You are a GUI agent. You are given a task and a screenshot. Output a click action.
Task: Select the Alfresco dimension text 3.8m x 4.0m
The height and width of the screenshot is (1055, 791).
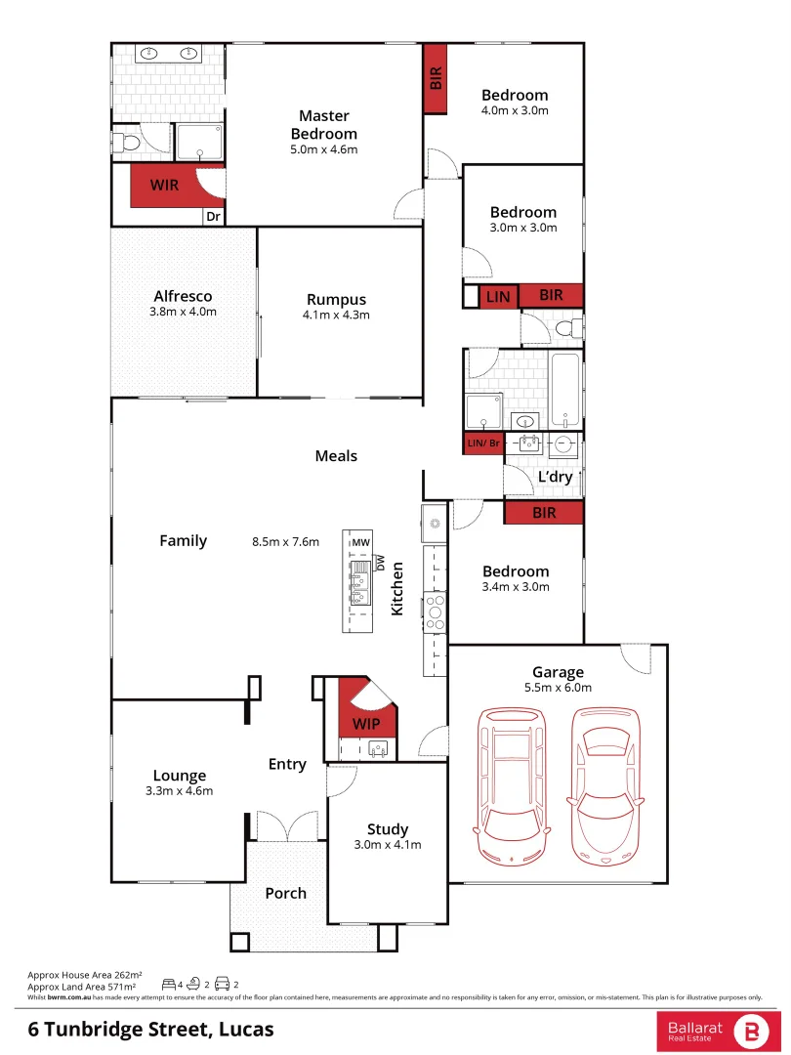pos(184,312)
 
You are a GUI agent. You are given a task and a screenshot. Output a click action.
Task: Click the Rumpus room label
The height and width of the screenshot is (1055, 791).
pos(336,300)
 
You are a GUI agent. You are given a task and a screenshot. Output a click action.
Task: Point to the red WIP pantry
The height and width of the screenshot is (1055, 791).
pos(366,724)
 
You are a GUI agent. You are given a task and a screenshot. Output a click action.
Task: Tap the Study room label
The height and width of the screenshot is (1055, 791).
pos(387,829)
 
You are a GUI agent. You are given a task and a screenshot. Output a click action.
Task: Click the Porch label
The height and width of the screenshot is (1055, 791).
pos(285,893)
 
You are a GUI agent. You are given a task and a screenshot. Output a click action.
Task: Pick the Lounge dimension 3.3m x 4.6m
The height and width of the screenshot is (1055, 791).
pos(179,791)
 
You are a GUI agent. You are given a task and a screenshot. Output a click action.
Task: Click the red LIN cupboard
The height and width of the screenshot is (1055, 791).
pos(498,296)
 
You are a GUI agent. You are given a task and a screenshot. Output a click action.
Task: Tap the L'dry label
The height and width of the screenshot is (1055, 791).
pos(555,477)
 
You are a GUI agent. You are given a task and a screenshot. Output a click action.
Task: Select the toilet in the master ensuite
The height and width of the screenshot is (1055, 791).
pos(127,143)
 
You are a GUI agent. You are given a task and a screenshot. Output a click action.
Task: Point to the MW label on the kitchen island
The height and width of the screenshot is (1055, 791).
pos(360,542)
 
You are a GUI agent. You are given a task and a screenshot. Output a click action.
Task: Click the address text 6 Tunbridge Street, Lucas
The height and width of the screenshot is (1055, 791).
pos(150,1030)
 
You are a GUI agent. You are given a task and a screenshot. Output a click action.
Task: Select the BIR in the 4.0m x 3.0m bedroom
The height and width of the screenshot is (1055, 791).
pos(436,78)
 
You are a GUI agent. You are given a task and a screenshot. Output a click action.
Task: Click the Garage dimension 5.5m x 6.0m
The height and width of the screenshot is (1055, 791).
pos(558,687)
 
